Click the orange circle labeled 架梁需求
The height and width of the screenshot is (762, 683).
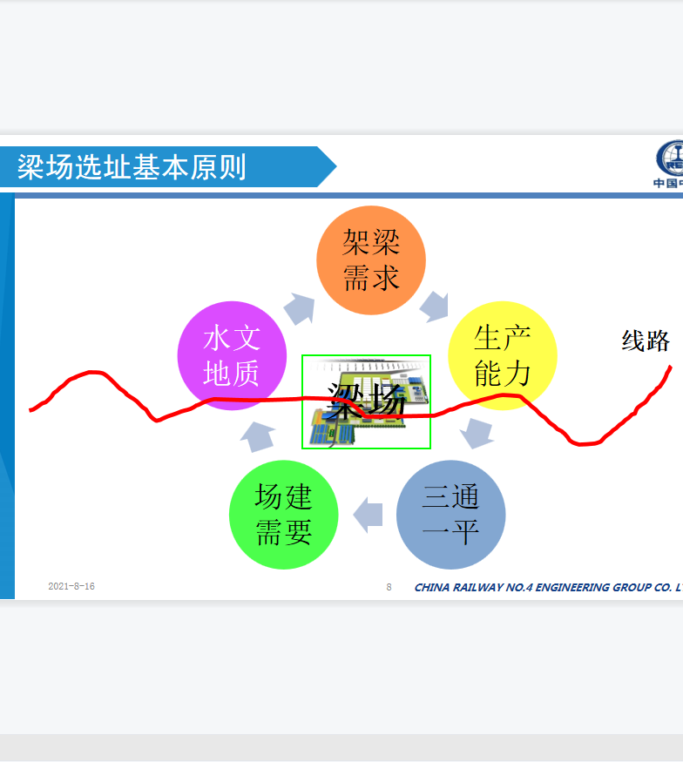(x=371, y=260)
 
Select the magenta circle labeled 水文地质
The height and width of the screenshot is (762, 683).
(x=232, y=355)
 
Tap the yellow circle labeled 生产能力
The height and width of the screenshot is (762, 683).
(x=502, y=355)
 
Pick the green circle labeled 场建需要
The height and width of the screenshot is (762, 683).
(x=283, y=515)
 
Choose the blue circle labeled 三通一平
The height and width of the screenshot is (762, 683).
(x=450, y=515)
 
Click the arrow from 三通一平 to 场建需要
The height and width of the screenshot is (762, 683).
(x=368, y=515)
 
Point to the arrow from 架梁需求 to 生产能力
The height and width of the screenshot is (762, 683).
(x=435, y=307)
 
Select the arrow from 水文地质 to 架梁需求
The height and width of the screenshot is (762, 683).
(x=300, y=308)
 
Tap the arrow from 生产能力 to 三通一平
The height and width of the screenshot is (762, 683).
(x=477, y=434)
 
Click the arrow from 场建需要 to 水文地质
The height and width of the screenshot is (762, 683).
(x=258, y=436)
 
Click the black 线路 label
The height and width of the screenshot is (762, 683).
(x=646, y=341)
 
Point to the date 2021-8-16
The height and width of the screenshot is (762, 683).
(x=71, y=586)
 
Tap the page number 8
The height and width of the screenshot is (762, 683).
(x=389, y=587)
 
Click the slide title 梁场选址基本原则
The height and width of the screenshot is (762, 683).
(x=132, y=167)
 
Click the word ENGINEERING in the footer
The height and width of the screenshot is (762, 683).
(x=572, y=588)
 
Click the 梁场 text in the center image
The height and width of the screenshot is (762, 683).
(x=366, y=401)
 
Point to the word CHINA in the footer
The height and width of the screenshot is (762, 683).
(x=432, y=588)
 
